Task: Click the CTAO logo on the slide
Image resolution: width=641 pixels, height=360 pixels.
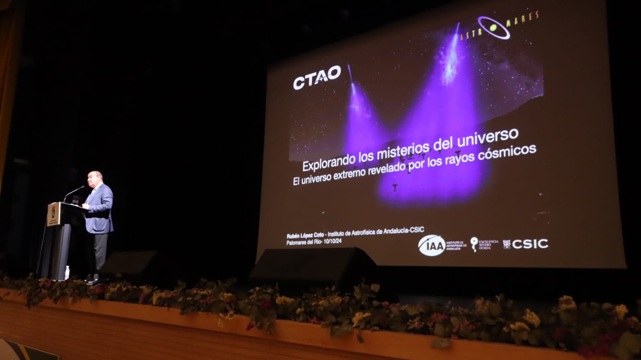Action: point(316,77)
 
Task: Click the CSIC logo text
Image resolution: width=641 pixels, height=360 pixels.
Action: point(530,244)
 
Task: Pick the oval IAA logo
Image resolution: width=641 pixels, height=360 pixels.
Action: point(431,245)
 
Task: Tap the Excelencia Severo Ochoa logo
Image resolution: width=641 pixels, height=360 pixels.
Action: point(484,244)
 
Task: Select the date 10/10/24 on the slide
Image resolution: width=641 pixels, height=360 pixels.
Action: point(333,241)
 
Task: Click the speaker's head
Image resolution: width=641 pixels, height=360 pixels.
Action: point(95,178)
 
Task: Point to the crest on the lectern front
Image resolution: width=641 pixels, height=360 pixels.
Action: point(53,214)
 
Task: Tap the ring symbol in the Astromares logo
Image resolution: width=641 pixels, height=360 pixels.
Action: point(494,27)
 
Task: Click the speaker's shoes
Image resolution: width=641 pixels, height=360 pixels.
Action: point(94,280)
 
